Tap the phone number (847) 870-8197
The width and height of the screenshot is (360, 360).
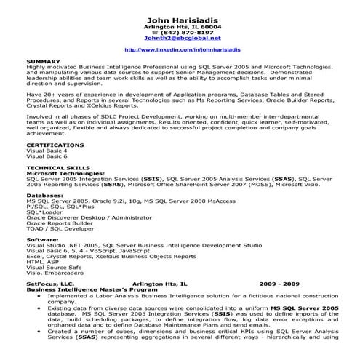184,33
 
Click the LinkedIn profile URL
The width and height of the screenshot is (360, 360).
181,50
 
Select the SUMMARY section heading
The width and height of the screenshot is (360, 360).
41,61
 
